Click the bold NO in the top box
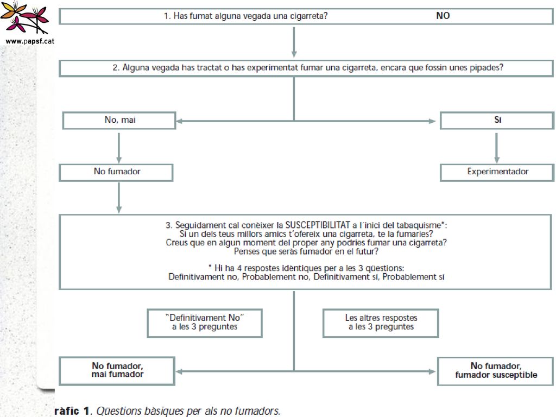click(443, 16)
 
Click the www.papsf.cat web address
click(30, 41)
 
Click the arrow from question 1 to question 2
click(294, 42)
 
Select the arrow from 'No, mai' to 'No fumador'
click(119, 148)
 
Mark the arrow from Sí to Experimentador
click(497, 148)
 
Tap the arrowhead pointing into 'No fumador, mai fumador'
click(179, 371)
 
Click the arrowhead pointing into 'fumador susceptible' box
click(432, 371)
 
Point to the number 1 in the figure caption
click(86, 410)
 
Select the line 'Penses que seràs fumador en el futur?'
click(306, 251)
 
